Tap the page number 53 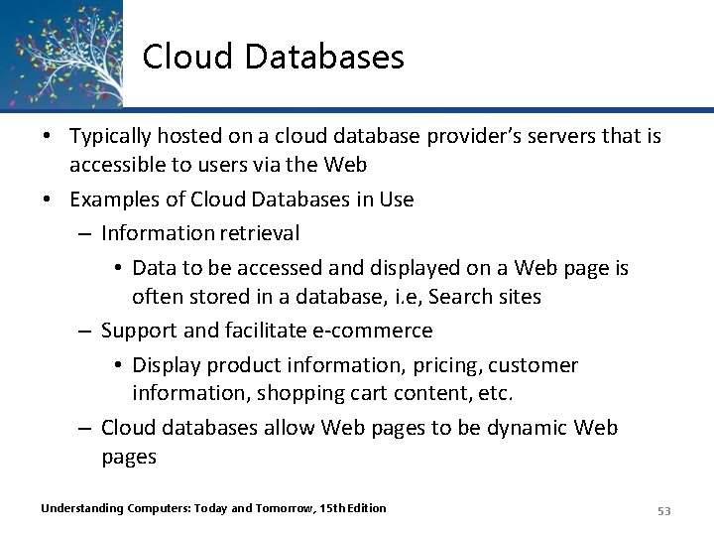coord(663,510)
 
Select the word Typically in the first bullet coord(114,135)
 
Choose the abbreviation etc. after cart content coord(495,393)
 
